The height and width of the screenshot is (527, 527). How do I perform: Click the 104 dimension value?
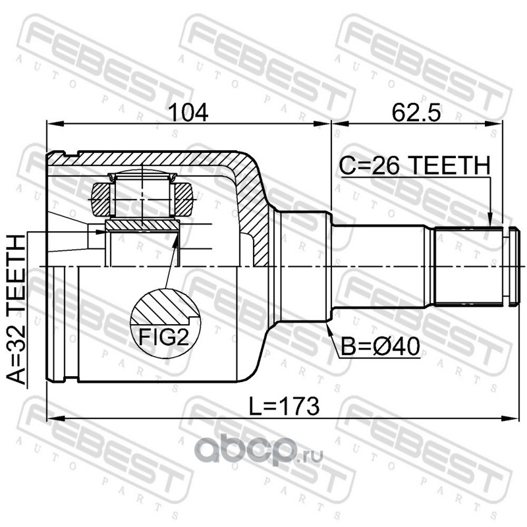[x=188, y=113]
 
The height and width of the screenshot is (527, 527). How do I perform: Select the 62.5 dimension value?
[x=416, y=113]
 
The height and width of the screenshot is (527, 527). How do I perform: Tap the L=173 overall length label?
[x=284, y=406]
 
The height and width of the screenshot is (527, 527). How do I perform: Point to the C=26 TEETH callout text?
[x=414, y=166]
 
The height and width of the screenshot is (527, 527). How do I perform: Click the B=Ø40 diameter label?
[x=380, y=347]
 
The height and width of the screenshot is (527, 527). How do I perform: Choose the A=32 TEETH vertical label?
[x=16, y=309]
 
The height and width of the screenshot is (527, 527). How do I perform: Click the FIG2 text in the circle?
[x=164, y=337]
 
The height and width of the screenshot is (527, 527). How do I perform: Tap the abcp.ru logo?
[x=259, y=451]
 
